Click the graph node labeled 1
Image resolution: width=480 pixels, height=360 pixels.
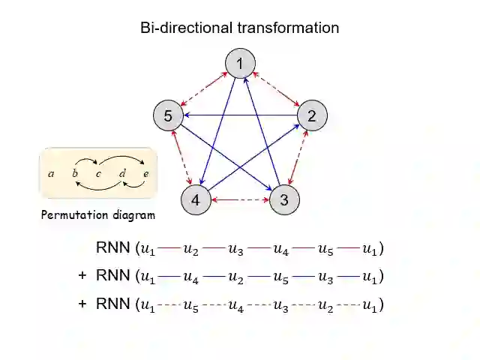240,64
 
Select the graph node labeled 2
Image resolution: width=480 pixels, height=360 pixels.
312,115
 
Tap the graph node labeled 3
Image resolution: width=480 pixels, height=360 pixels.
284,200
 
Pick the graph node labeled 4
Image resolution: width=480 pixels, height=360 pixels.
195,200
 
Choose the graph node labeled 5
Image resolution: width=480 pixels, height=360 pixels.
168,115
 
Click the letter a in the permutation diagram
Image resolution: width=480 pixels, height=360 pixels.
51,174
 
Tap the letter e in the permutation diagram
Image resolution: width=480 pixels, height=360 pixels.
145,174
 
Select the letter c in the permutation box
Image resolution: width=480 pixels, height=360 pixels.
98,174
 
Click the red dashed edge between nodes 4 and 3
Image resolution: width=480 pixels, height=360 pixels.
240,200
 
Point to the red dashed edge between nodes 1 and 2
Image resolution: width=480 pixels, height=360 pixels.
276,90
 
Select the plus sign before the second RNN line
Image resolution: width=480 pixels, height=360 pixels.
82,276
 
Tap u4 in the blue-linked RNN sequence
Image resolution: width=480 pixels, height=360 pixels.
190,277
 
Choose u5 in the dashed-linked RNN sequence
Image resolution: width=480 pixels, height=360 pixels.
190,305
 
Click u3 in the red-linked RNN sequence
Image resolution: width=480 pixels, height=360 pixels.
235,248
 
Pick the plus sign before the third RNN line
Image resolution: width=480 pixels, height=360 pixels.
82,304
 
